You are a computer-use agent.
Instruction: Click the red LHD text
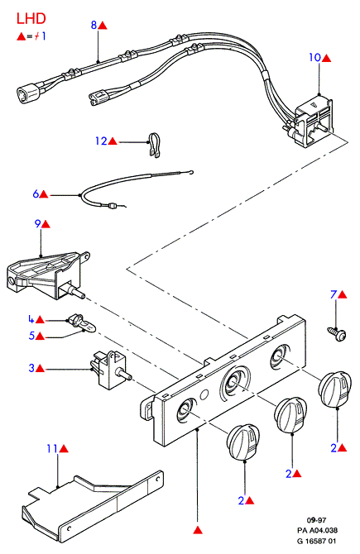31,19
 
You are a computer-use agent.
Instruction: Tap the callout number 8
94,25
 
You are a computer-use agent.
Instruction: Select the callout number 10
314,58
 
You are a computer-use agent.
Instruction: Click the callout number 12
101,141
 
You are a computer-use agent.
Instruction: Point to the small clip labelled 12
154,145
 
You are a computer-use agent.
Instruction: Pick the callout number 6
36,193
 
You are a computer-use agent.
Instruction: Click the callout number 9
37,223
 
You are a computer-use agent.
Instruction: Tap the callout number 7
334,294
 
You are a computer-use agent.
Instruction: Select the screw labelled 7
336,334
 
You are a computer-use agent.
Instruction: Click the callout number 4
31,319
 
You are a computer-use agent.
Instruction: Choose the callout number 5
31,336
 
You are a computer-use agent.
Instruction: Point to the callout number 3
31,368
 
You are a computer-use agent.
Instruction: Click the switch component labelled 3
111,370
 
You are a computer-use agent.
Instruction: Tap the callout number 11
52,449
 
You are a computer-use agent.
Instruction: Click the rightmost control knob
335,389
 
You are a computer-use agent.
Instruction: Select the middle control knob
290,415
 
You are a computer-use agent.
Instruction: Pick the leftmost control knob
243,442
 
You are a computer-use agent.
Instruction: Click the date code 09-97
316,520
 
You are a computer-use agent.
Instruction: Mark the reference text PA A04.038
317,530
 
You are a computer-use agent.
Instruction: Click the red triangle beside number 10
326,59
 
